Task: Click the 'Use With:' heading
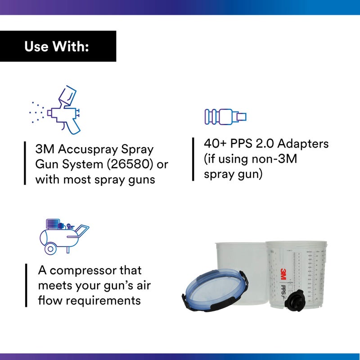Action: click(56, 46)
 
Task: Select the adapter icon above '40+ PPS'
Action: click(225, 117)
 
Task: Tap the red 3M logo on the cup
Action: click(283, 274)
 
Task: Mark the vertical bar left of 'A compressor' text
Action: click(25, 285)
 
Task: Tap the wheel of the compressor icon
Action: click(50, 248)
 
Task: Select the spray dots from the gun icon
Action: click(36, 111)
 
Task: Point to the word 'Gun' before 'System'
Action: click(46, 164)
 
